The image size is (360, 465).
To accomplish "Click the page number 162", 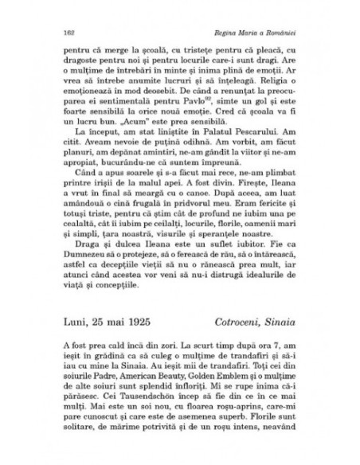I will click(x=56, y=32).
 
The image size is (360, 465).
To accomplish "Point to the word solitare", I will click(x=72, y=436).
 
